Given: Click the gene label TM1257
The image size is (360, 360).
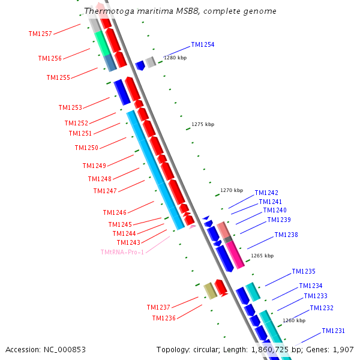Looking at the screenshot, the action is (x=40, y=34).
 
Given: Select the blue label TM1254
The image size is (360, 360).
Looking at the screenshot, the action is (x=203, y=44).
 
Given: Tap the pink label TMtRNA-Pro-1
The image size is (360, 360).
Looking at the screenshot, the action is (x=122, y=252).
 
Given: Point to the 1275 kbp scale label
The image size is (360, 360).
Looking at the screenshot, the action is (x=203, y=124).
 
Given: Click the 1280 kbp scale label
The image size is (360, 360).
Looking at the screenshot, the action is (x=175, y=58).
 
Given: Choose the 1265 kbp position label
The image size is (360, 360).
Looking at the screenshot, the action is (x=262, y=256).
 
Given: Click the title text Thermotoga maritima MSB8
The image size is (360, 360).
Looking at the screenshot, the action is (x=142, y=11).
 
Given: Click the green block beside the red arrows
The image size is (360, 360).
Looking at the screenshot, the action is (x=103, y=44).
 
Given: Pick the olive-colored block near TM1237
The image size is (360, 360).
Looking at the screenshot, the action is (x=211, y=291).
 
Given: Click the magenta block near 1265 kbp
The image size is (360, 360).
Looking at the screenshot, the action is (x=235, y=254).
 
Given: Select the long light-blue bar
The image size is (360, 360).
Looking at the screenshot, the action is (x=155, y=170).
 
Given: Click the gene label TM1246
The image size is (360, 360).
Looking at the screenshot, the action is (x=115, y=212).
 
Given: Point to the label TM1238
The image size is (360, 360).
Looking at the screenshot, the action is (x=286, y=235).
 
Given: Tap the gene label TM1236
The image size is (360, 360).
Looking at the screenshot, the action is (x=164, y=318).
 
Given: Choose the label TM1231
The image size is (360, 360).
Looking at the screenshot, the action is (x=333, y=331).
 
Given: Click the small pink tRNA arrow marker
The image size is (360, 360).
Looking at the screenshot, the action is (x=192, y=227).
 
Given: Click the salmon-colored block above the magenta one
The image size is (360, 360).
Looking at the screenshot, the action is (x=223, y=230).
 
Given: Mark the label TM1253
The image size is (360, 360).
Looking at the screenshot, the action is (x=70, y=107).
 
